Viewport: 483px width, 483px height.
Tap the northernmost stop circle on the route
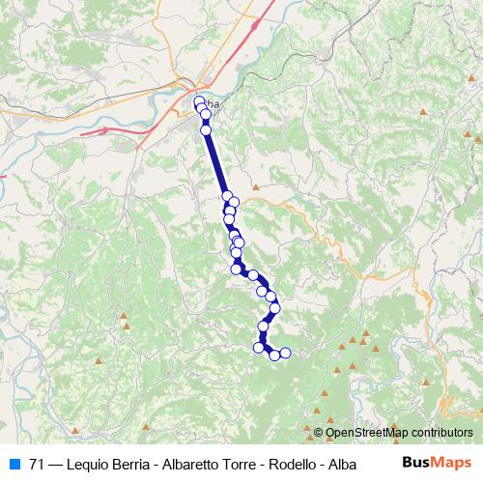200,101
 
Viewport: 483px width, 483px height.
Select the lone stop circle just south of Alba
205,129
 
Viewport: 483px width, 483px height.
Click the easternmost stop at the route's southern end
285,353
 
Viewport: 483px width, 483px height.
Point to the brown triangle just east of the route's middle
255,186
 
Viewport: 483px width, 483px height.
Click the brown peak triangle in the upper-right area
423,114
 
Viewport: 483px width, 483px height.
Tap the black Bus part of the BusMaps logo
416,463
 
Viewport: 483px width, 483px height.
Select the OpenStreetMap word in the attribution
366,434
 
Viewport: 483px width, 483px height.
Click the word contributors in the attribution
440,434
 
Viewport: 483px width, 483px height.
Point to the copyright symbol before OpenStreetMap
319,434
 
